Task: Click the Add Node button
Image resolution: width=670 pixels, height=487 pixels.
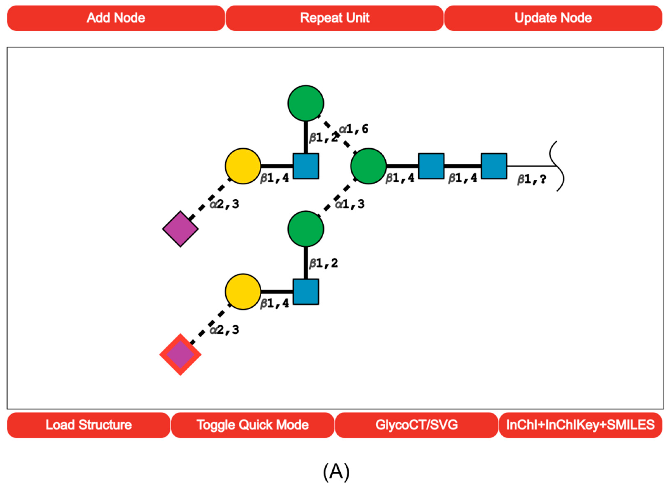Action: tap(116, 18)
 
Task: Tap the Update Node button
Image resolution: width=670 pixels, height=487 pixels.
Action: tap(553, 18)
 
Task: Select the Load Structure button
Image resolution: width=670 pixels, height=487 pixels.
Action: tap(89, 425)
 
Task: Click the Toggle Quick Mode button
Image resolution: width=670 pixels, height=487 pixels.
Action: tap(253, 425)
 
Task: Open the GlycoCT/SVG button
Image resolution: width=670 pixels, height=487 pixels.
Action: tap(417, 425)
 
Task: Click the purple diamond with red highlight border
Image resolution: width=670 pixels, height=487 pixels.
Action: tap(180, 354)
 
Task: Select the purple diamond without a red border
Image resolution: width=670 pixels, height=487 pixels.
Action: tap(180, 229)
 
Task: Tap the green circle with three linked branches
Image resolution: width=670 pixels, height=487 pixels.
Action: tap(368, 166)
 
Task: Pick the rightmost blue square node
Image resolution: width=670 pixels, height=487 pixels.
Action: tap(494, 166)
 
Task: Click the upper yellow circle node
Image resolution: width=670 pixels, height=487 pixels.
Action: tap(243, 166)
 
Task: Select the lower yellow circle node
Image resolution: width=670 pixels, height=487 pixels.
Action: tap(243, 292)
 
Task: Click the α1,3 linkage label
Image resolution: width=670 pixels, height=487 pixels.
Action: tap(350, 204)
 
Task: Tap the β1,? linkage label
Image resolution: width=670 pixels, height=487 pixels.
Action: tap(532, 179)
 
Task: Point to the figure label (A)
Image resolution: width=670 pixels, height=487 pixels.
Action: tap(336, 472)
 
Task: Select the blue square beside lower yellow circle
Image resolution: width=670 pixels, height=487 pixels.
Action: tap(306, 292)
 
